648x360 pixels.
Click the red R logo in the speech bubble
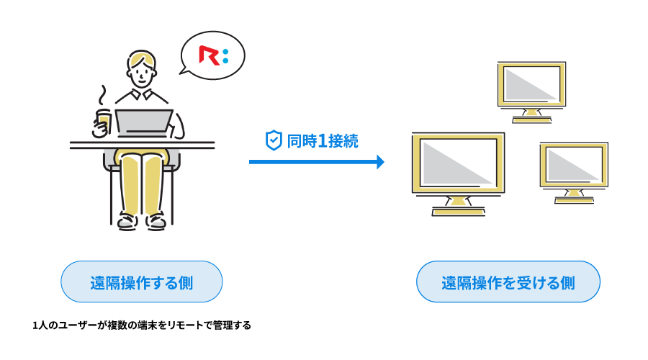(x=209, y=56)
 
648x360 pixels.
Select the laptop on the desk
(x=144, y=122)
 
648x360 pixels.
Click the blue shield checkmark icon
(x=274, y=140)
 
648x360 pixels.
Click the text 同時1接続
(x=323, y=141)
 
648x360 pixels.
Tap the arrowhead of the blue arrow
(x=380, y=162)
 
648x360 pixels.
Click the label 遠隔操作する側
(x=142, y=282)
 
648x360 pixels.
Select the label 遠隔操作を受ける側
(x=508, y=282)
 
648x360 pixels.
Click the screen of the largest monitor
(x=458, y=162)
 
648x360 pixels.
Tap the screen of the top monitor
(x=531, y=84)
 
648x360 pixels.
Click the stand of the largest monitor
(x=458, y=205)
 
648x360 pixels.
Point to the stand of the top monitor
(x=531, y=115)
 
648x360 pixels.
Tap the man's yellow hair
(x=140, y=57)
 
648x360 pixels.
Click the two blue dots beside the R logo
(x=225, y=56)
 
